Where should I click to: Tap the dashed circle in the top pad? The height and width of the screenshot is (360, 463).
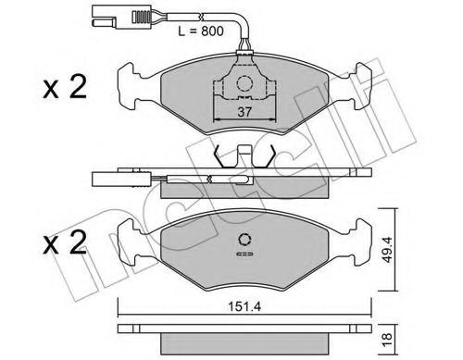(244, 84)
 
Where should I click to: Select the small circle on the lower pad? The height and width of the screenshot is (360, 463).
(245, 238)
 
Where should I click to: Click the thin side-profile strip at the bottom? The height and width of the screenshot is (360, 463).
(244, 330)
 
